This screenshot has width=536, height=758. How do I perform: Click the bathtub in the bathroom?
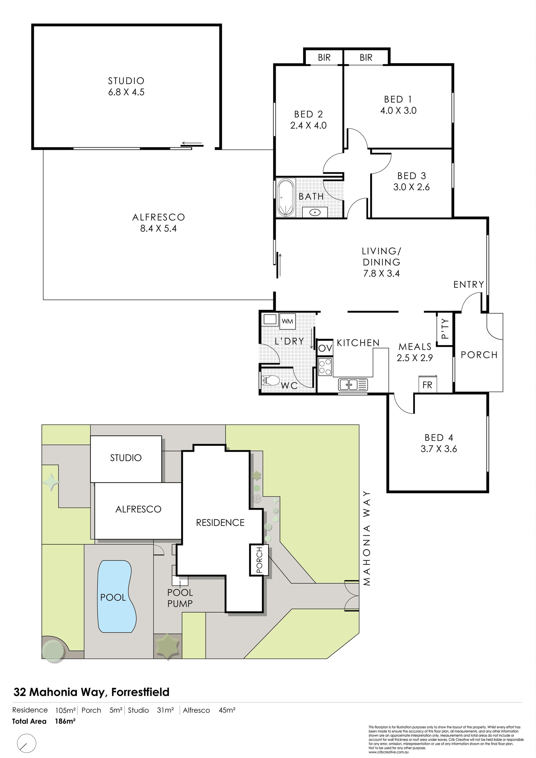286,198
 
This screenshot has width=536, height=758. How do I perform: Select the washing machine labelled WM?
288,321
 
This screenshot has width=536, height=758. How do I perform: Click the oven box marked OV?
325,348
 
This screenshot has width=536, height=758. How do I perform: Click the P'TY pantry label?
445,328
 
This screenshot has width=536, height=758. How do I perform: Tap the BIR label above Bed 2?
324,58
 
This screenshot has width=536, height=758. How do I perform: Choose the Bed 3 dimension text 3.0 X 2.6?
411,187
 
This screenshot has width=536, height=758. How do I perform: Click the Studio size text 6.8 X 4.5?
126,92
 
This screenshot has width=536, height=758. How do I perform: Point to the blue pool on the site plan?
116,596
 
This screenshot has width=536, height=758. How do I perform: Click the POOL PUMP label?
180,598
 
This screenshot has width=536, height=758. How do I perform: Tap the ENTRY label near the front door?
468,284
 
